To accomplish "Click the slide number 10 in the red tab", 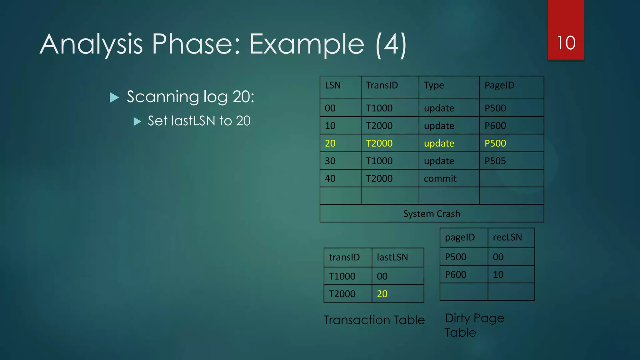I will [x=566, y=43].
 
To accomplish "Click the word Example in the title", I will [x=307, y=45].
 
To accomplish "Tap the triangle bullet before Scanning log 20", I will [x=114, y=97].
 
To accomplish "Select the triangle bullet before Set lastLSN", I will [x=137, y=121].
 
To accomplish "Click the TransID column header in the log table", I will [x=382, y=85].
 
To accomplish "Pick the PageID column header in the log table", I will [x=499, y=85].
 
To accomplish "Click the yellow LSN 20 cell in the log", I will [x=330, y=143].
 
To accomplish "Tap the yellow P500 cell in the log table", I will [x=495, y=143].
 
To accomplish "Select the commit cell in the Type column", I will [x=440, y=179].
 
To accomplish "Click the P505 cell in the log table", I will [x=495, y=161].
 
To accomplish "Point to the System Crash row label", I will [x=432, y=214].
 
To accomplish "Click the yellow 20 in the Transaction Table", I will [x=382, y=294].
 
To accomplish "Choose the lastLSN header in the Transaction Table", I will [x=392, y=257].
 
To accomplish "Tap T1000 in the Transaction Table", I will [x=342, y=276].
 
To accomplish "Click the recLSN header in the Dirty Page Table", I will [x=507, y=237].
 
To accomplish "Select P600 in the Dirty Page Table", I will [x=455, y=275].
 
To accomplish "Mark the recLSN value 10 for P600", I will [x=498, y=275].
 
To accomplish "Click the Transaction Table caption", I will [x=374, y=320].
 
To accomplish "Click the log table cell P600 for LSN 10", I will [x=495, y=126].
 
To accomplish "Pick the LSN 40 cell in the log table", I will [x=330, y=179].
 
